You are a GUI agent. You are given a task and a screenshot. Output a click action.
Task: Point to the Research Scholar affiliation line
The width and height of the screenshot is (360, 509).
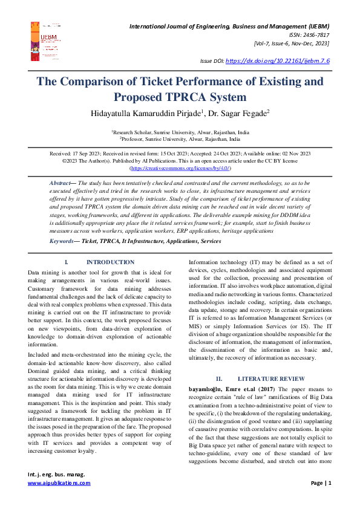(180, 131)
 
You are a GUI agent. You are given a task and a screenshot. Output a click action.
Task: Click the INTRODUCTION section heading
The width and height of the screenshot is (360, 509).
(110, 262)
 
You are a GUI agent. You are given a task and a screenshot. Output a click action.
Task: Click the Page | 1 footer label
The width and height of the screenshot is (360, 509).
(321, 483)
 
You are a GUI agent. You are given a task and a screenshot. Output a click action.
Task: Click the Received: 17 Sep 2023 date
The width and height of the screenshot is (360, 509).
(74, 154)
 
